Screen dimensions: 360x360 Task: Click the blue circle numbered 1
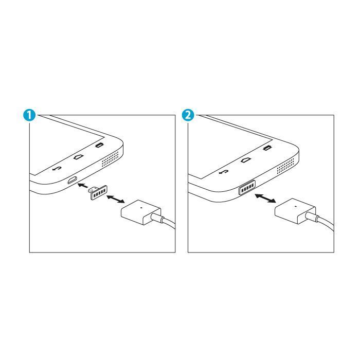29,115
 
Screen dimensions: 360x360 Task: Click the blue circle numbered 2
188,115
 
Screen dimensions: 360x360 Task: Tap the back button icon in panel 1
57,169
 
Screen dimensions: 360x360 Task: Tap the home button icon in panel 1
79,157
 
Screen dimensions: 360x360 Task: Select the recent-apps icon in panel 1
99,146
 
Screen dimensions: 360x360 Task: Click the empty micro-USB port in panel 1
72,180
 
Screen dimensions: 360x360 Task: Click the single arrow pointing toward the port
83,185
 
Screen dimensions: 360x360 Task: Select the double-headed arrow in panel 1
116,199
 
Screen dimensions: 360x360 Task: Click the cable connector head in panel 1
141,212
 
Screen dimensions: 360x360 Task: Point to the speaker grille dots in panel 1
111,159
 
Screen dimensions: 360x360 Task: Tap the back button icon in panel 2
224,172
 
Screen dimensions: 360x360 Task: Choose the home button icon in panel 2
246,160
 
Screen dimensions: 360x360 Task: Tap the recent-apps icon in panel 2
267,148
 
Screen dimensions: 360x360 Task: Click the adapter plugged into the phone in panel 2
247,186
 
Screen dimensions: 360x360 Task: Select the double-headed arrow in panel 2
265,198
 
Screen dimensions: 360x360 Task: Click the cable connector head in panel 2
295,211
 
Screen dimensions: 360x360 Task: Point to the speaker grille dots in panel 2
285,166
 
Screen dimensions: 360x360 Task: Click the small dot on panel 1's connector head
141,208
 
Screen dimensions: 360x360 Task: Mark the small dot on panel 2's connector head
296,206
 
